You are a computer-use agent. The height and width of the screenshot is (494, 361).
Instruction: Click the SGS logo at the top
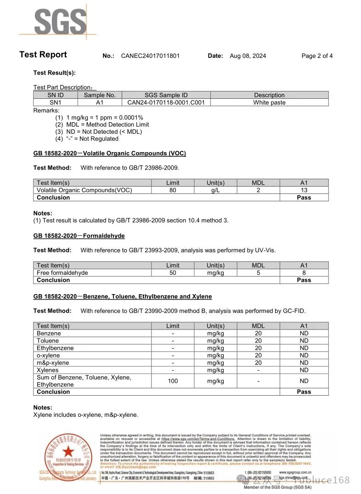coord(60,21)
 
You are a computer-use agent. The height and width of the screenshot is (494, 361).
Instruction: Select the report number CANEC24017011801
coord(150,56)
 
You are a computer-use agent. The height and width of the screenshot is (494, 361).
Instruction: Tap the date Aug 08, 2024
coord(248,56)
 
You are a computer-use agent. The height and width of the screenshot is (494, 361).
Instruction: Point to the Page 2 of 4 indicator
coord(317,56)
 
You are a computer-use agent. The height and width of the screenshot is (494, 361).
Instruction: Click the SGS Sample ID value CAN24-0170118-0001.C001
coord(166,102)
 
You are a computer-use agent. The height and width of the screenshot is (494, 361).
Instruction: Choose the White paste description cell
coord(269,102)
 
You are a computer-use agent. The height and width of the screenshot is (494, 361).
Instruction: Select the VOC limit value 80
coord(173,190)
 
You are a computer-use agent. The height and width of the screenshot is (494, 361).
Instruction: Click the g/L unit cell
coord(215,190)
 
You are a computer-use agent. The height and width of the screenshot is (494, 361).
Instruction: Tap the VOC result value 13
coord(304,190)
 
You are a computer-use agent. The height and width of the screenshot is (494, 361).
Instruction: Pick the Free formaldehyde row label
coord(62,273)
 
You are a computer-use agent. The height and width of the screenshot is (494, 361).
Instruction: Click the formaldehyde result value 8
coord(304,273)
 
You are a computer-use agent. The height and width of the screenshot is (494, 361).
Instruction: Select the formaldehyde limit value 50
coord(173,273)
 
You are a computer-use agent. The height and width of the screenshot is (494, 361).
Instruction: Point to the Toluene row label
coord(48,341)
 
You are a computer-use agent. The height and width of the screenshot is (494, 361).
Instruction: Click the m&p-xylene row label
coord(53,363)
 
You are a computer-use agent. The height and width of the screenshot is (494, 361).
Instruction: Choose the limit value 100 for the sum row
coord(173,381)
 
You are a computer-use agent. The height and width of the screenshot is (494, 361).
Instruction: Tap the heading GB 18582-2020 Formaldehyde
coord(79,236)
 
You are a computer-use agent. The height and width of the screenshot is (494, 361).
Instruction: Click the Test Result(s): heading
coord(54,73)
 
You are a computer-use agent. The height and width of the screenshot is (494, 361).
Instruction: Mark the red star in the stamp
coord(68,452)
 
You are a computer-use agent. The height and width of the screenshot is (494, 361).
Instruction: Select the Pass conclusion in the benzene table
coord(304,392)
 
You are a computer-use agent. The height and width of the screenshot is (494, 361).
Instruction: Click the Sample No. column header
coord(100,95)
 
